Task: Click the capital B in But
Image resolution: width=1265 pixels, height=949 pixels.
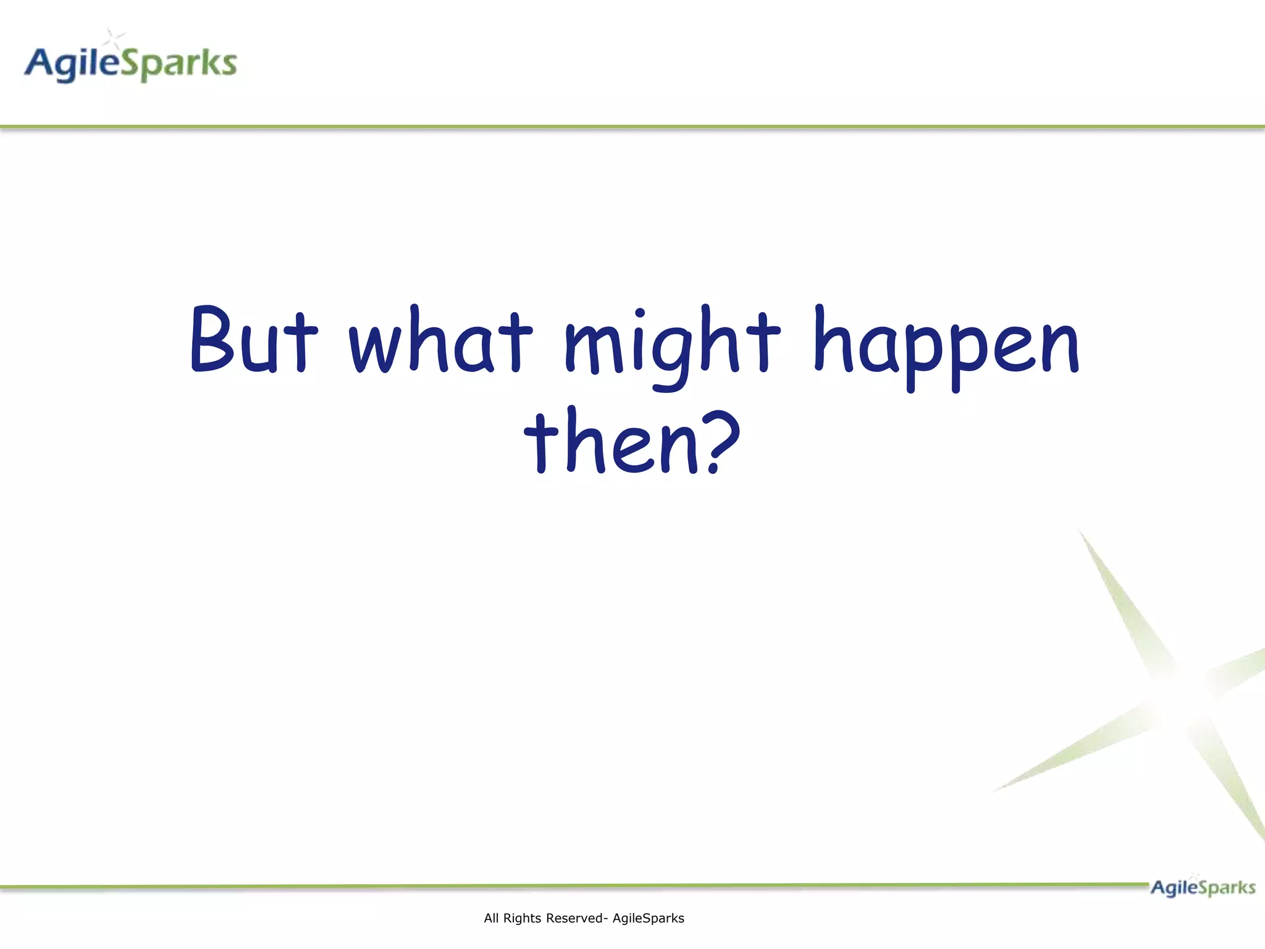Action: click(x=212, y=340)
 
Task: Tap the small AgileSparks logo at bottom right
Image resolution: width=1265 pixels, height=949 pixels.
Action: click(x=1202, y=887)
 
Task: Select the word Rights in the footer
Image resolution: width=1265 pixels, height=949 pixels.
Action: click(x=523, y=918)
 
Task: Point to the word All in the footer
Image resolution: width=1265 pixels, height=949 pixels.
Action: click(x=491, y=918)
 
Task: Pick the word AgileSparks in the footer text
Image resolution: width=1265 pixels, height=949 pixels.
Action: click(x=648, y=918)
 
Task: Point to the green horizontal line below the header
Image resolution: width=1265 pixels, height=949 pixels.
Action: click(x=632, y=127)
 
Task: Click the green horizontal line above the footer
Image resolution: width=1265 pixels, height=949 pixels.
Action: click(x=556, y=886)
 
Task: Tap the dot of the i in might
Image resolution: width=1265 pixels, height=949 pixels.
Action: click(x=640, y=313)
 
